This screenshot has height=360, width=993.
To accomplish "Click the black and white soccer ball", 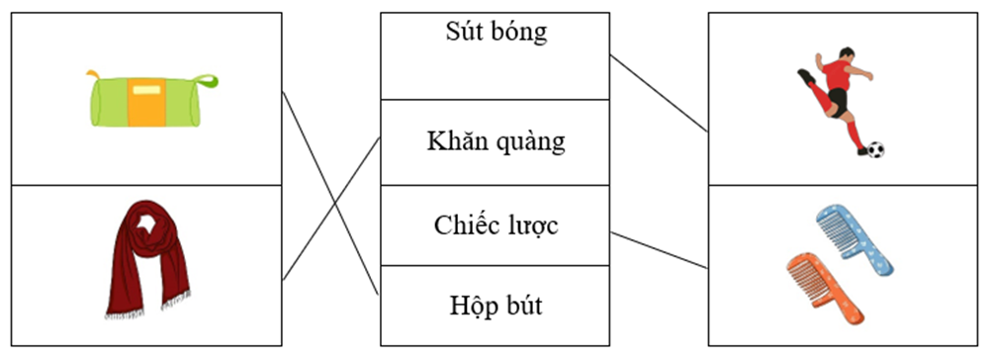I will (x=875, y=150).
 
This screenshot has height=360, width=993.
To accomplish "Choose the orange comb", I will (x=822, y=286).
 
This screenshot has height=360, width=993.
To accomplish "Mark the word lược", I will (x=533, y=226).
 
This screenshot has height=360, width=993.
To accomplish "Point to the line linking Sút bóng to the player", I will (x=659, y=93).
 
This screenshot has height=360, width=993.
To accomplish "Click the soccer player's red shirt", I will (x=837, y=75).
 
